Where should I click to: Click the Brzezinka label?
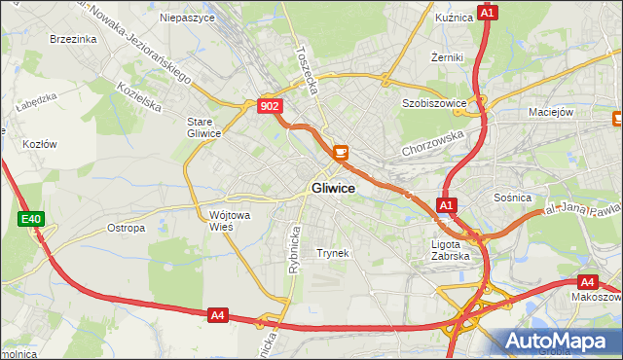(x=73, y=39)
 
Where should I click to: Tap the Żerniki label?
(x=447, y=57)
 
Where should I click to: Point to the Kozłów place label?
(x=39, y=144)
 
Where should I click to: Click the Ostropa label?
(x=127, y=229)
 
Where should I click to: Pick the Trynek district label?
(x=333, y=253)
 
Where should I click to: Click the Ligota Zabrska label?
(x=451, y=250)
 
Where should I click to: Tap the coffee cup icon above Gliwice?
(x=340, y=152)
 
